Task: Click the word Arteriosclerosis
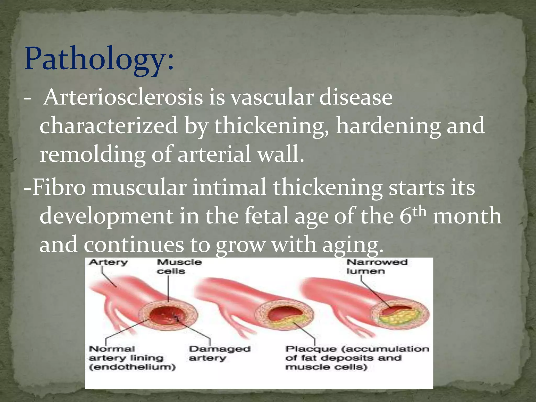click(x=123, y=97)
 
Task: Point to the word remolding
click(x=92, y=154)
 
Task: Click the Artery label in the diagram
click(x=108, y=262)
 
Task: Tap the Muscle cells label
click(x=179, y=266)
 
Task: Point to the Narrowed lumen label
click(x=377, y=266)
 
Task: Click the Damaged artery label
click(x=219, y=353)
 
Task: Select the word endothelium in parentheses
click(x=132, y=367)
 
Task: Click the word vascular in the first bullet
click(x=272, y=97)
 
